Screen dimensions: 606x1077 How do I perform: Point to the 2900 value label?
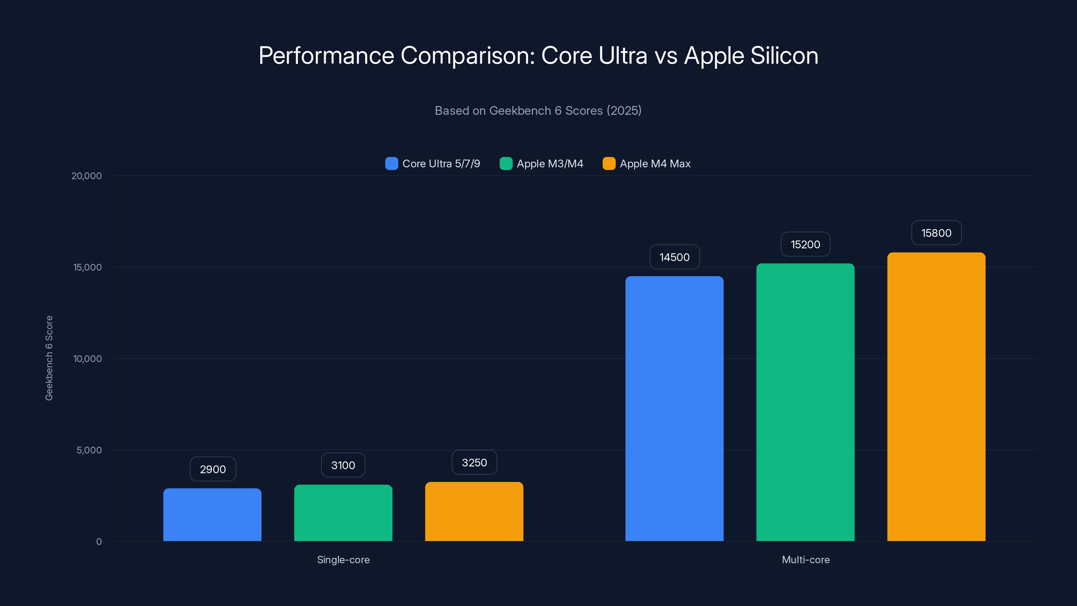click(x=213, y=469)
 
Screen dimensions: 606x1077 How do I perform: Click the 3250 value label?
click(x=474, y=463)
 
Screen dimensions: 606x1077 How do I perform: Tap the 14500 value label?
click(x=674, y=257)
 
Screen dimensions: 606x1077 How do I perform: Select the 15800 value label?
click(x=936, y=233)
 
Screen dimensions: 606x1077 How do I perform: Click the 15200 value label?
click(x=805, y=244)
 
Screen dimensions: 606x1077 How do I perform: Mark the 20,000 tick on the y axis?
click(x=86, y=176)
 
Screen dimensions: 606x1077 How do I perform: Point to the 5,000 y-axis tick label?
click(x=89, y=450)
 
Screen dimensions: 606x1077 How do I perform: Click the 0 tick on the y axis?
click(x=99, y=542)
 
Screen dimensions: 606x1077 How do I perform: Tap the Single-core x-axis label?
click(x=343, y=560)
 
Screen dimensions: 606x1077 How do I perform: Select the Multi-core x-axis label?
click(x=805, y=560)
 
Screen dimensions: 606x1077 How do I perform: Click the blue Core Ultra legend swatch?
click(x=391, y=164)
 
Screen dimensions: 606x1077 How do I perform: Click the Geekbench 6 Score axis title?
click(x=49, y=358)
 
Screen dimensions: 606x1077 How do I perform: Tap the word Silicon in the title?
click(x=784, y=56)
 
